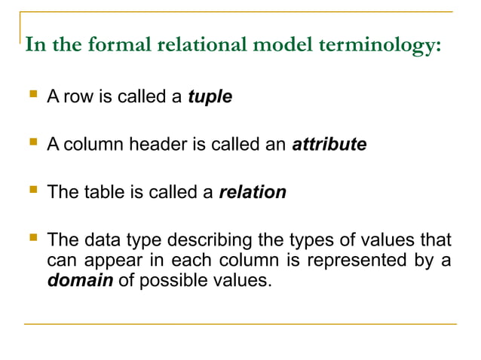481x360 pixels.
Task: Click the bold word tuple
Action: click(210, 98)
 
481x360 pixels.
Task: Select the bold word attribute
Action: click(329, 145)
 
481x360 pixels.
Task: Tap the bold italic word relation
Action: click(253, 192)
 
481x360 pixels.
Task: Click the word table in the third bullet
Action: click(103, 192)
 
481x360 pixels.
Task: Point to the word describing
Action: click(210, 241)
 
